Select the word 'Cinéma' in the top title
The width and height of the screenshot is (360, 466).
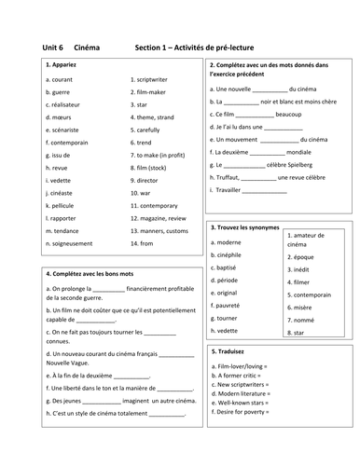(88, 48)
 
